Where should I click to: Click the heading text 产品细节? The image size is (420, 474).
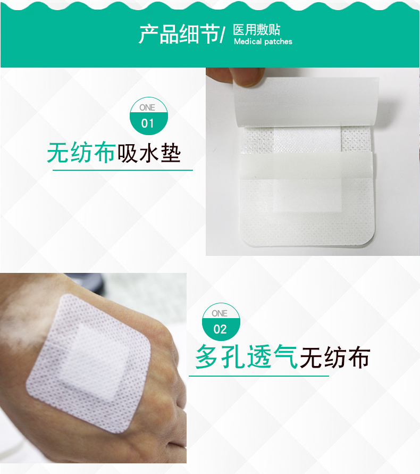click(x=179, y=34)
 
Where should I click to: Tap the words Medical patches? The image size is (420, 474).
click(x=263, y=41)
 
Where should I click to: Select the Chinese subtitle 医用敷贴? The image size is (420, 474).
click(x=257, y=30)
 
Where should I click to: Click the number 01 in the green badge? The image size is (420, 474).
click(x=147, y=123)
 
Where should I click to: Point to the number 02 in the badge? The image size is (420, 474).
click(x=220, y=329)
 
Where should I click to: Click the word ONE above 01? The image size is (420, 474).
click(x=147, y=107)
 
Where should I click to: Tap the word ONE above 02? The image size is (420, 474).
click(x=220, y=313)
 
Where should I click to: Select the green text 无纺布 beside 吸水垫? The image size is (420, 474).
click(x=81, y=153)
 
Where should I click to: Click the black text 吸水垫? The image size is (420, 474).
click(x=149, y=153)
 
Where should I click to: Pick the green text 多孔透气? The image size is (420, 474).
click(x=247, y=357)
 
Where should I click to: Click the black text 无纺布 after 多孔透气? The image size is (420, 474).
click(x=335, y=357)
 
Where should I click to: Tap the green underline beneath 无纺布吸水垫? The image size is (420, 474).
click(x=123, y=170)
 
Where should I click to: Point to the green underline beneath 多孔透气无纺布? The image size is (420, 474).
click(x=259, y=376)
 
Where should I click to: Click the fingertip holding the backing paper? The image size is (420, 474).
click(x=246, y=77)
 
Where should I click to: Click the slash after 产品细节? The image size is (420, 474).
click(x=223, y=35)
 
